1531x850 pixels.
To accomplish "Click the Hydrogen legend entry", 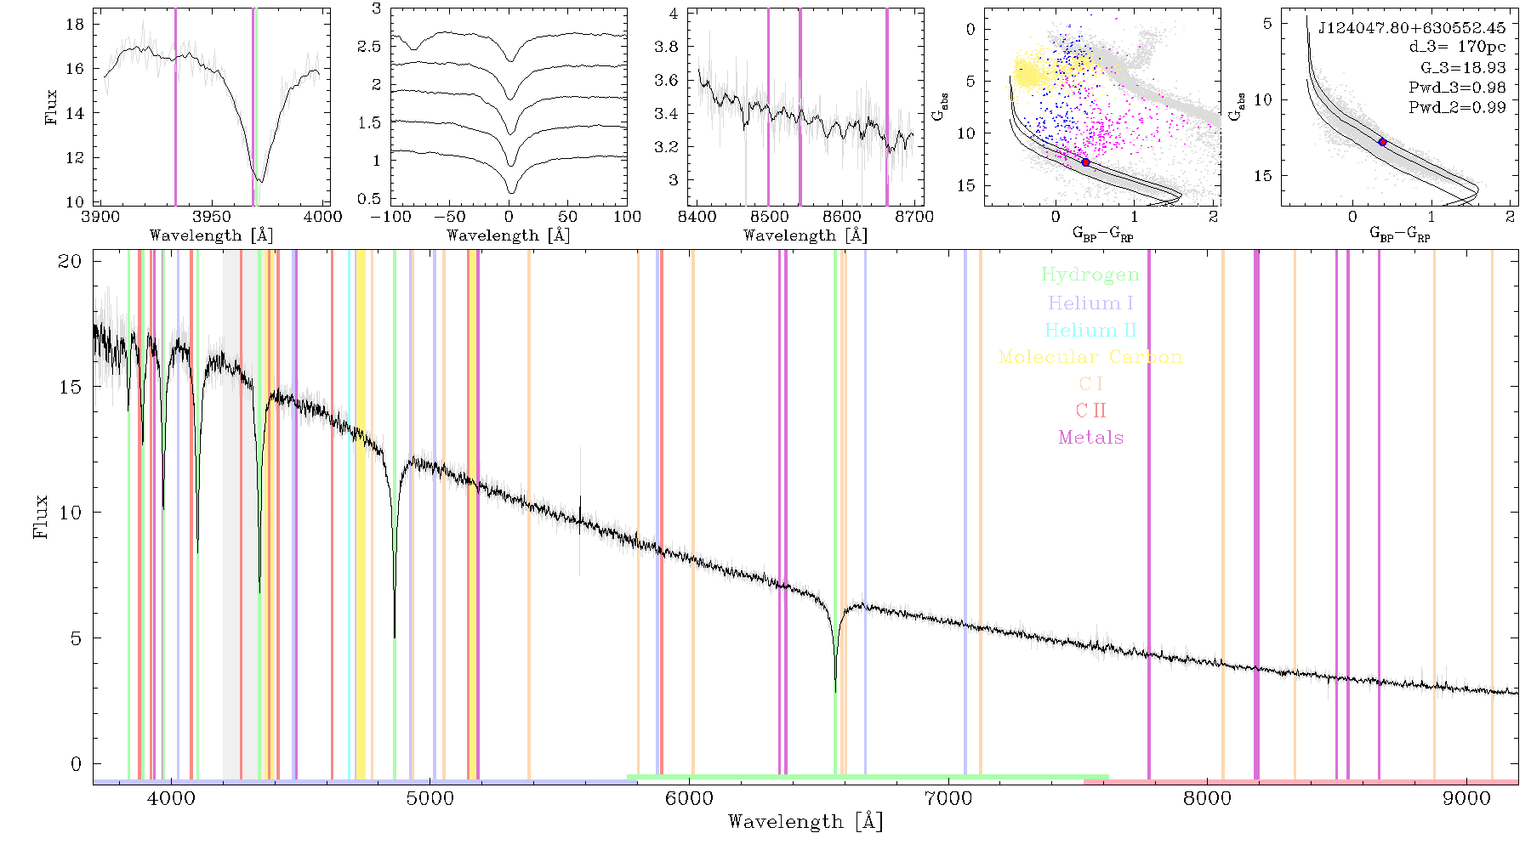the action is coord(1090,275).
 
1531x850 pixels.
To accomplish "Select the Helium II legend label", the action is coord(1090,330).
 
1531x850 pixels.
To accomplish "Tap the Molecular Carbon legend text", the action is coord(1090,357).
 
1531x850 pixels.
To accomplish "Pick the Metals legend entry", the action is coord(1090,437).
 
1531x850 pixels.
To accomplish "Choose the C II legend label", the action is coord(1090,411).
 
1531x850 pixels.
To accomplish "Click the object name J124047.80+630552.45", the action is coord(1412,28).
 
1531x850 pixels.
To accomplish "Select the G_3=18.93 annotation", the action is coord(1463,67).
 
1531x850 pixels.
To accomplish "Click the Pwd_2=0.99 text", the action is coord(1457,107).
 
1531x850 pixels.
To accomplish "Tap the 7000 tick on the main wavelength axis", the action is coord(948,798).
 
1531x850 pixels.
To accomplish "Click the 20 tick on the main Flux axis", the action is coord(70,261).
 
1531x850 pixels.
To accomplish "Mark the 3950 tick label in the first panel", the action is coord(212,217).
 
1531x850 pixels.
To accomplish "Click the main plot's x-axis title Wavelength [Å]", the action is coord(805,822).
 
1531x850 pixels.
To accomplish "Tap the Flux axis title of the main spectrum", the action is coord(40,516).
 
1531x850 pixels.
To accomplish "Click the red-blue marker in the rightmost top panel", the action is coord(1382,142).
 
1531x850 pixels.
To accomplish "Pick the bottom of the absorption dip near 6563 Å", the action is coord(835,690).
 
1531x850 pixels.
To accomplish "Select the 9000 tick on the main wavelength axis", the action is coord(1466,798).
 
